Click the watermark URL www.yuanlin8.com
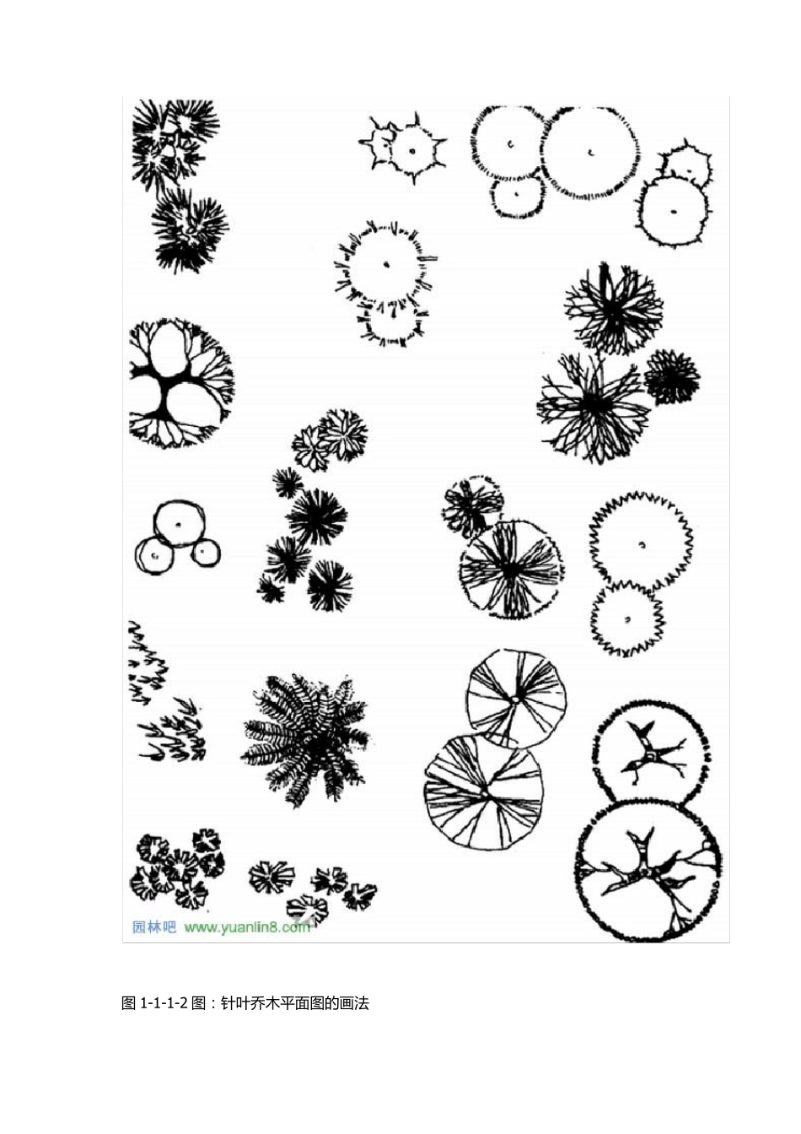coord(246,927)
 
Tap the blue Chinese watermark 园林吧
coord(153,927)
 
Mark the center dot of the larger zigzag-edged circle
coord(642,545)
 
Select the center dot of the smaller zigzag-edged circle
coord(627,619)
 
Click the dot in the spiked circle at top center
coord(412,150)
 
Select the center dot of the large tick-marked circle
coord(387,264)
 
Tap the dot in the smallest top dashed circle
coord(517,193)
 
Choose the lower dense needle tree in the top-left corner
coord(190,230)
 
